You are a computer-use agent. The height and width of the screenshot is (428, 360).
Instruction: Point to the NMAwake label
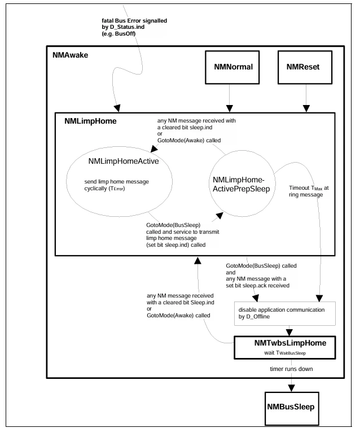pyautogui.click(x=71, y=55)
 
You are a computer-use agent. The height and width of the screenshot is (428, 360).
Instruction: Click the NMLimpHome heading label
pyautogui.click(x=90, y=121)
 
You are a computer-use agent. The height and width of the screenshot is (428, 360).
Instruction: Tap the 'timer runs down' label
pyautogui.click(x=291, y=369)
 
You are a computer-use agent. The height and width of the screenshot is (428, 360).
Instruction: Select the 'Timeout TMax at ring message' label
pyautogui.click(x=309, y=191)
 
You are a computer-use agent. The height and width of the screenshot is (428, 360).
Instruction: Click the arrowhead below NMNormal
pyautogui.click(x=230, y=108)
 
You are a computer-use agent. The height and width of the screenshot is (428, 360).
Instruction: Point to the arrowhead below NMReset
pyautogui.click(x=306, y=108)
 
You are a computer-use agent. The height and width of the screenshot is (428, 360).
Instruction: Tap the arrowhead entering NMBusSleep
pyautogui.click(x=291, y=388)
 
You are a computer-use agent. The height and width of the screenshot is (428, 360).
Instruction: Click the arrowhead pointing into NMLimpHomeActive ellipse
pyautogui.click(x=154, y=149)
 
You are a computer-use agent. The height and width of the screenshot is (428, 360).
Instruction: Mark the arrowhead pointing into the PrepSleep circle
pyautogui.click(x=219, y=216)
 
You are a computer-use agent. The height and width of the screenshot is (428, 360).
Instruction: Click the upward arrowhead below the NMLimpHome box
pyautogui.click(x=197, y=260)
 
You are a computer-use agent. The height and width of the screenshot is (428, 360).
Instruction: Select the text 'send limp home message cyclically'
pyautogui.click(x=116, y=185)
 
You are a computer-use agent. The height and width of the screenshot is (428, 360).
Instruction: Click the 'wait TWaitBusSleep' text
pyautogui.click(x=285, y=353)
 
